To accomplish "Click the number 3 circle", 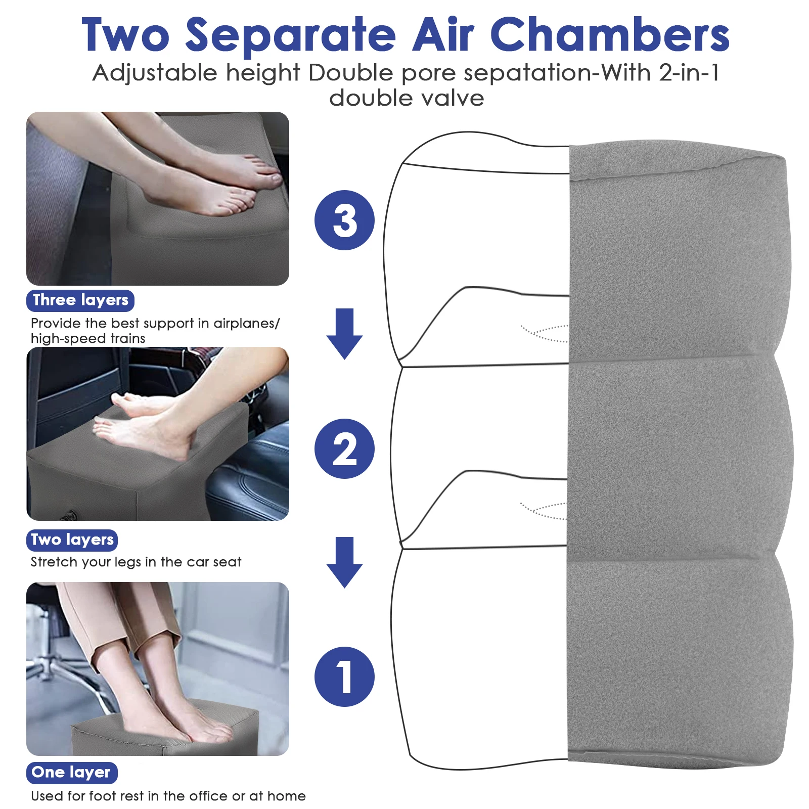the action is tap(344, 220).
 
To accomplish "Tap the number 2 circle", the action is tap(344, 448).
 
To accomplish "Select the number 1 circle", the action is tap(344, 677).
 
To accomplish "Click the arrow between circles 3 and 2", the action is tap(344, 334).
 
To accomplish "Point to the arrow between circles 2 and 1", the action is tap(344, 562).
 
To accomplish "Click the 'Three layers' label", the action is tap(80, 300).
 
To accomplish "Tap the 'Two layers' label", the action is tap(72, 540).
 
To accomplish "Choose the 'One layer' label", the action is tap(71, 773).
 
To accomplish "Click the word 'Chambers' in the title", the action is tap(609, 34).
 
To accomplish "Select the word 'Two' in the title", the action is tap(125, 34).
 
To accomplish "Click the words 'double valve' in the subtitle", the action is tap(407, 98).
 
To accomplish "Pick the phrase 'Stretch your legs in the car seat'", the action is tap(136, 562).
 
